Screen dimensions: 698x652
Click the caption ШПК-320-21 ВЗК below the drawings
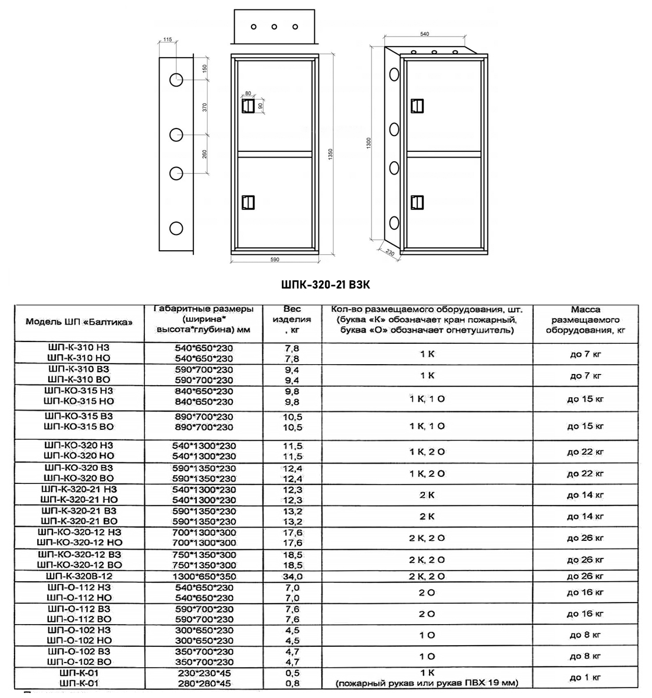(x=326, y=284)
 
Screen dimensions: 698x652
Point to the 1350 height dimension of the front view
(x=330, y=154)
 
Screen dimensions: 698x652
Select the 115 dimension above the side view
(x=168, y=40)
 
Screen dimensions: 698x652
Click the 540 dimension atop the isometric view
(x=424, y=34)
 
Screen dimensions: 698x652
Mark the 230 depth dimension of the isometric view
(x=389, y=253)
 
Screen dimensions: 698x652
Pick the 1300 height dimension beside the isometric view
(x=369, y=143)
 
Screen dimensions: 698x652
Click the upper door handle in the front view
(x=249, y=106)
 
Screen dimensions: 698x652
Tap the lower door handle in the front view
(x=249, y=202)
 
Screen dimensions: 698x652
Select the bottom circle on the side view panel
(x=176, y=228)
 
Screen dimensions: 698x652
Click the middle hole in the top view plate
(x=274, y=27)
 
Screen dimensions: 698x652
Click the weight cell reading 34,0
(x=292, y=576)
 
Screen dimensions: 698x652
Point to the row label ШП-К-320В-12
(x=79, y=576)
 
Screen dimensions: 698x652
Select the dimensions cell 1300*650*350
(x=204, y=576)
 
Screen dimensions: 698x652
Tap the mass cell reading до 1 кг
(x=585, y=677)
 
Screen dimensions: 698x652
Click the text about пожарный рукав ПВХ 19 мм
(x=427, y=683)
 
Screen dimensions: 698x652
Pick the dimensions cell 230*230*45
(x=204, y=672)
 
